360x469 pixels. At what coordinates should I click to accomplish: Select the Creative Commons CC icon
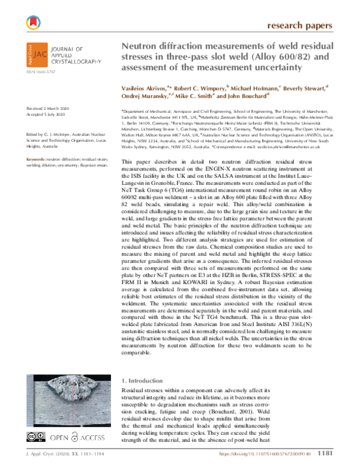click(32, 436)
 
